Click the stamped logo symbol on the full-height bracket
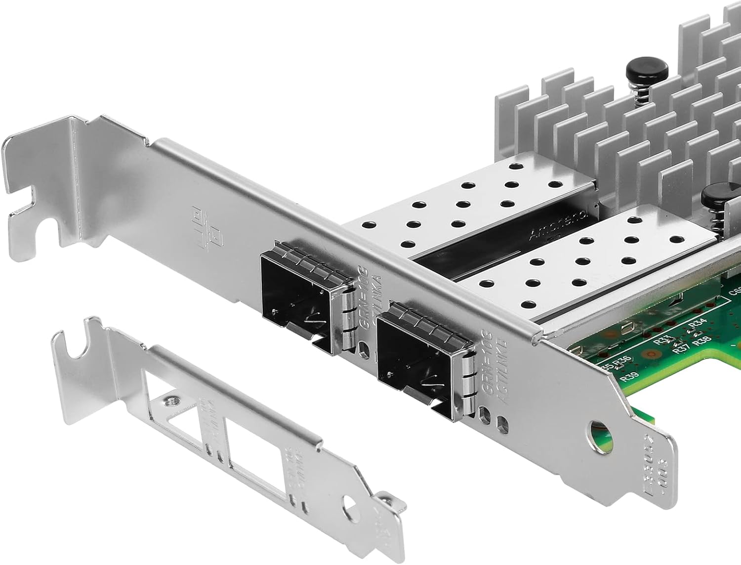pyautogui.click(x=205, y=230)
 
